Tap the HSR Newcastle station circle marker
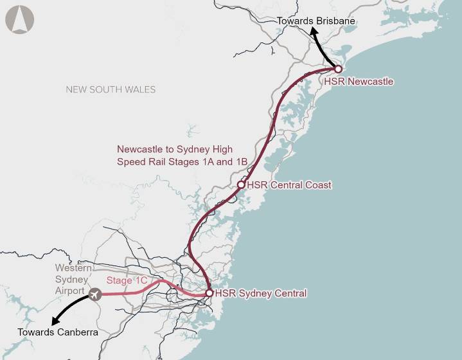(338, 69)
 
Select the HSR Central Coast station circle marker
(241, 184)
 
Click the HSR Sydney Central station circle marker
(209, 293)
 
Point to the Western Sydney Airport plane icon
(96, 294)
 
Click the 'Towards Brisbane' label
(315, 21)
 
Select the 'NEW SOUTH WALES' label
(111, 89)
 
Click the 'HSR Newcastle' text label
(359, 82)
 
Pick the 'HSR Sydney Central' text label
(261, 294)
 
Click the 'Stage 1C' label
(127, 280)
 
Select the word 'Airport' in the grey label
(69, 291)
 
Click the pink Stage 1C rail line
(129, 294)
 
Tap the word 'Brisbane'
(335, 21)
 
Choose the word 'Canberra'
(76, 332)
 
